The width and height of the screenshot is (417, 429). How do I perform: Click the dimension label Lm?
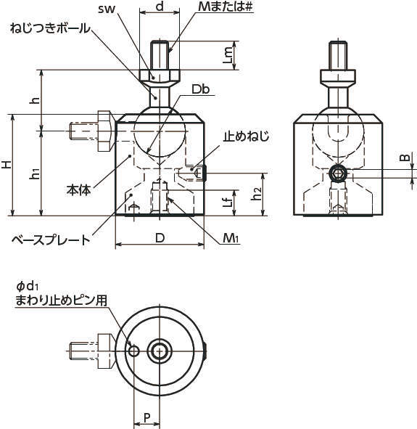point(228,55)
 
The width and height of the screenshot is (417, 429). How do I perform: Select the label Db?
point(201,89)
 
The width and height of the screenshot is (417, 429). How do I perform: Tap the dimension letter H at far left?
point(7,165)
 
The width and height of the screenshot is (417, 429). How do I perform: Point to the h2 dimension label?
point(257,193)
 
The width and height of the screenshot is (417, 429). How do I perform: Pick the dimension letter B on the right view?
point(405,158)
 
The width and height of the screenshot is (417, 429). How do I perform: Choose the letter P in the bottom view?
point(147,418)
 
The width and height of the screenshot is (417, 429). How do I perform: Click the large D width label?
point(160,238)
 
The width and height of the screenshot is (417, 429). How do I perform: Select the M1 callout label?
point(231,238)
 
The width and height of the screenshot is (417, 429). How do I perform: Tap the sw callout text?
point(107,9)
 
